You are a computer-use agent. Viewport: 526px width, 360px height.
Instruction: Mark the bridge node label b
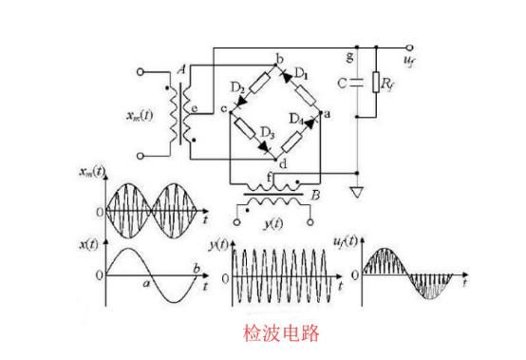pos(278,61)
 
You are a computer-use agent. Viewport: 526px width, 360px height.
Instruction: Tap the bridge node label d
pos(282,163)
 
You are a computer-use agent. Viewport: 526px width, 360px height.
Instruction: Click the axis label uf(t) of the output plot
pos(365,244)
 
